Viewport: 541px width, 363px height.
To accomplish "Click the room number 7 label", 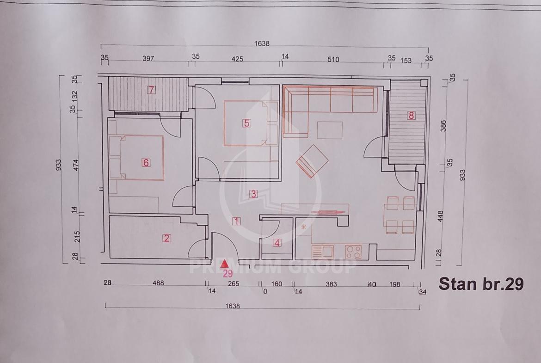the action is pos(151,90).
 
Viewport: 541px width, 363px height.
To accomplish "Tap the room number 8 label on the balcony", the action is pos(411,115).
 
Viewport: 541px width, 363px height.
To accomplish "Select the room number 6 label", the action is pos(146,162).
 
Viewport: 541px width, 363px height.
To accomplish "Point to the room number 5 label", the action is pos(246,123).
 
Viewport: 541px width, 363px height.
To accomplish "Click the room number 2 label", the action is pos(166,238).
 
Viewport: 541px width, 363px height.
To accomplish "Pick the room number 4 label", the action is pos(277,243).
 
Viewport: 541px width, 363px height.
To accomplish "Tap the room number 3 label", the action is pos(253,194).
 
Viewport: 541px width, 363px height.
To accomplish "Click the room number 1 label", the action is pos(236,221).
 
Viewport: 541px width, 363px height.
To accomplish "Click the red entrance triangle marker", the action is pos(225,264).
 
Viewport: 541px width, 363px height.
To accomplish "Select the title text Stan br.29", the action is pos(481,283).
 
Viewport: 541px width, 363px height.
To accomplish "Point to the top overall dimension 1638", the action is pos(262,43).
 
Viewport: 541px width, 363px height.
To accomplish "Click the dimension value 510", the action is pos(333,59).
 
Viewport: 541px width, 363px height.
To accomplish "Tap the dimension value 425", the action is pos(237,59).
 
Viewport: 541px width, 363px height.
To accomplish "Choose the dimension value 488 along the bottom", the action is pos(158,283).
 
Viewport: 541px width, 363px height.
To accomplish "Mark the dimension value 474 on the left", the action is pos(76,165).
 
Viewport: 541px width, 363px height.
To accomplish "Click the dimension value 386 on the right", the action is pos(443,126).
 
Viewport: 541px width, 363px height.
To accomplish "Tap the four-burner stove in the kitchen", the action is pos(353,252).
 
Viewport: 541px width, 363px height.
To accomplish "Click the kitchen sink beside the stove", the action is pos(323,252).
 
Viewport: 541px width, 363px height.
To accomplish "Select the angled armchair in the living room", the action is pos(312,161).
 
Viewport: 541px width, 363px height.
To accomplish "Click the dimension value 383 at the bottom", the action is pos(331,284).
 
